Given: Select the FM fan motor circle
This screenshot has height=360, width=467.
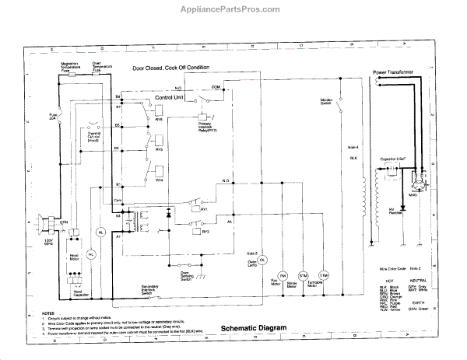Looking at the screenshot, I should coord(283,276).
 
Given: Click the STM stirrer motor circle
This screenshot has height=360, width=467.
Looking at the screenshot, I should coord(304,276).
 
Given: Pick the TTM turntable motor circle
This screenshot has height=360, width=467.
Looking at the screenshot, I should coord(325,276).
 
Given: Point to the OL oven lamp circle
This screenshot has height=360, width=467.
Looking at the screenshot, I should coord(262,258).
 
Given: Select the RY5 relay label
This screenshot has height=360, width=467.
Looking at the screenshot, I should coord(160,150).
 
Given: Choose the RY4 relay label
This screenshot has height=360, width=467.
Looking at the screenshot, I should coord(160,180).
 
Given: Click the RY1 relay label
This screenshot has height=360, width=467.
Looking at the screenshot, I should coord(204,210).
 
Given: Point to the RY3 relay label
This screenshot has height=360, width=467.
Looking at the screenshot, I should coord(204,231).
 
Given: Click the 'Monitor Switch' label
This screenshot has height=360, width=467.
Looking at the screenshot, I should coord(326,103).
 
